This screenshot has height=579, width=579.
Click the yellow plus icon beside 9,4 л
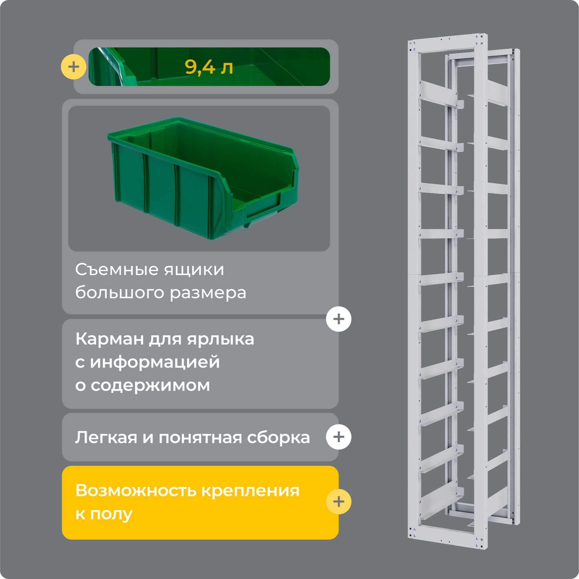coord(74,67)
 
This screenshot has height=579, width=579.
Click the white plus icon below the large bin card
coord(339,319)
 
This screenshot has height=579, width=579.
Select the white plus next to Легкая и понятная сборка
coord(339,437)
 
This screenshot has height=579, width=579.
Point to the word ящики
coord(194,270)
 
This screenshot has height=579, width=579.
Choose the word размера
coord(208,293)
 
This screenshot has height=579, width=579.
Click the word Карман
coord(109,339)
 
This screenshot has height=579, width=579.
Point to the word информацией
coord(155,362)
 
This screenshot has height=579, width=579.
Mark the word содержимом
coord(150,385)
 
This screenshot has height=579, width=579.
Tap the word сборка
coord(278,437)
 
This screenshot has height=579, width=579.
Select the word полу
coord(111,514)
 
